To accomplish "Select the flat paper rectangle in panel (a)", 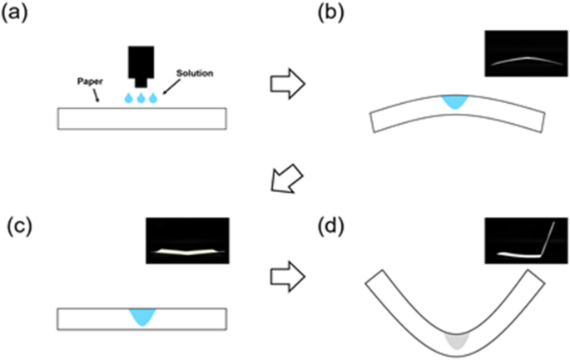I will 141,118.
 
